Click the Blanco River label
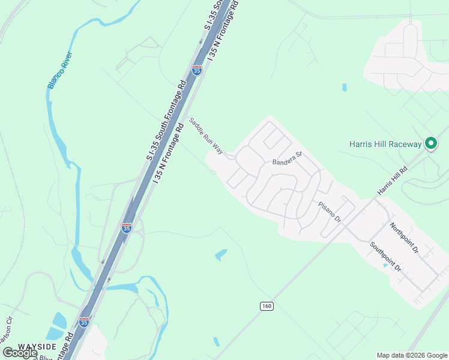point(59,71)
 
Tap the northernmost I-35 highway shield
point(197,70)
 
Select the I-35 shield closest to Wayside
point(84,322)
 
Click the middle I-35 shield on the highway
point(126,227)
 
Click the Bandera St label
point(286,159)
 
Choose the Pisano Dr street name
point(330,211)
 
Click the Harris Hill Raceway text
point(386,144)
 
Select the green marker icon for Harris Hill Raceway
point(430,143)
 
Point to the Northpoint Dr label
point(403,236)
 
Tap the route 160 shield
point(267,306)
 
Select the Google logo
point(20,352)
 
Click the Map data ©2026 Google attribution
point(412,355)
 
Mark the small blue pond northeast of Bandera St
point(345,87)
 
